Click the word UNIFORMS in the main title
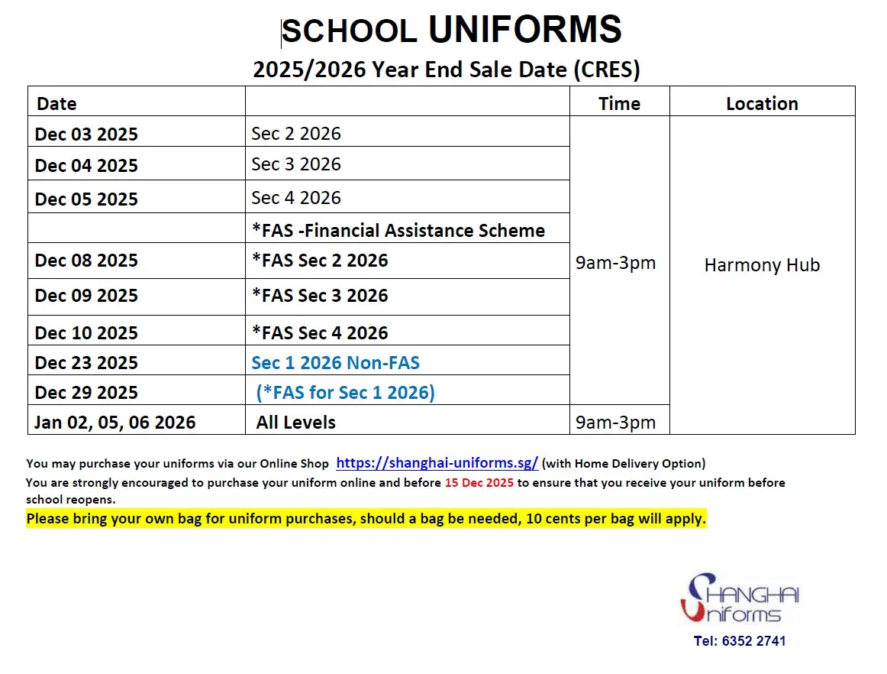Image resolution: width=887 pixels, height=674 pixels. pyautogui.click(x=524, y=30)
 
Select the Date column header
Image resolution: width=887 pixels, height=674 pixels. pyautogui.click(x=56, y=104)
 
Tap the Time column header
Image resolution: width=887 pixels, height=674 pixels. pyautogui.click(x=619, y=103)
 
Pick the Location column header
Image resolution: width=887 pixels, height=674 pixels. pyautogui.click(x=762, y=103)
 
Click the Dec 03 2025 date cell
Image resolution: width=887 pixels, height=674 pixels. pyautogui.click(x=86, y=134)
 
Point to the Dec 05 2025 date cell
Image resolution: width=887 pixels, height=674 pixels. pyautogui.click(x=86, y=199)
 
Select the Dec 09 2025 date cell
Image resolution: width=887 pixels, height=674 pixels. pyautogui.click(x=86, y=296)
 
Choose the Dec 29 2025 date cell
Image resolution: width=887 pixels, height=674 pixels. pyautogui.click(x=86, y=393)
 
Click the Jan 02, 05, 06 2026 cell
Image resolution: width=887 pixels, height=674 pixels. pyautogui.click(x=115, y=422)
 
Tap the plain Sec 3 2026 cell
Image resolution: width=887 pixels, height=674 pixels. pyautogui.click(x=296, y=164)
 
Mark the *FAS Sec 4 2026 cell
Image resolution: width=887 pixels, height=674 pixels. pyautogui.click(x=320, y=332)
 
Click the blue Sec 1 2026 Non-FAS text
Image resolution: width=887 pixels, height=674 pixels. pyautogui.click(x=336, y=362)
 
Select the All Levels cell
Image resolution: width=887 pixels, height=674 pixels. pyautogui.click(x=296, y=422)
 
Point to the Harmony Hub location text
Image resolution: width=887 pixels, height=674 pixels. pyautogui.click(x=762, y=265)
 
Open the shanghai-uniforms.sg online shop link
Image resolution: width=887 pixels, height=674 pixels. pyautogui.click(x=437, y=462)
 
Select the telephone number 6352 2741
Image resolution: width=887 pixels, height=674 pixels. pyautogui.click(x=753, y=640)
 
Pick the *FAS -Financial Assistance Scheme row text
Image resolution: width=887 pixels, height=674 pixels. pyautogui.click(x=398, y=230)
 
